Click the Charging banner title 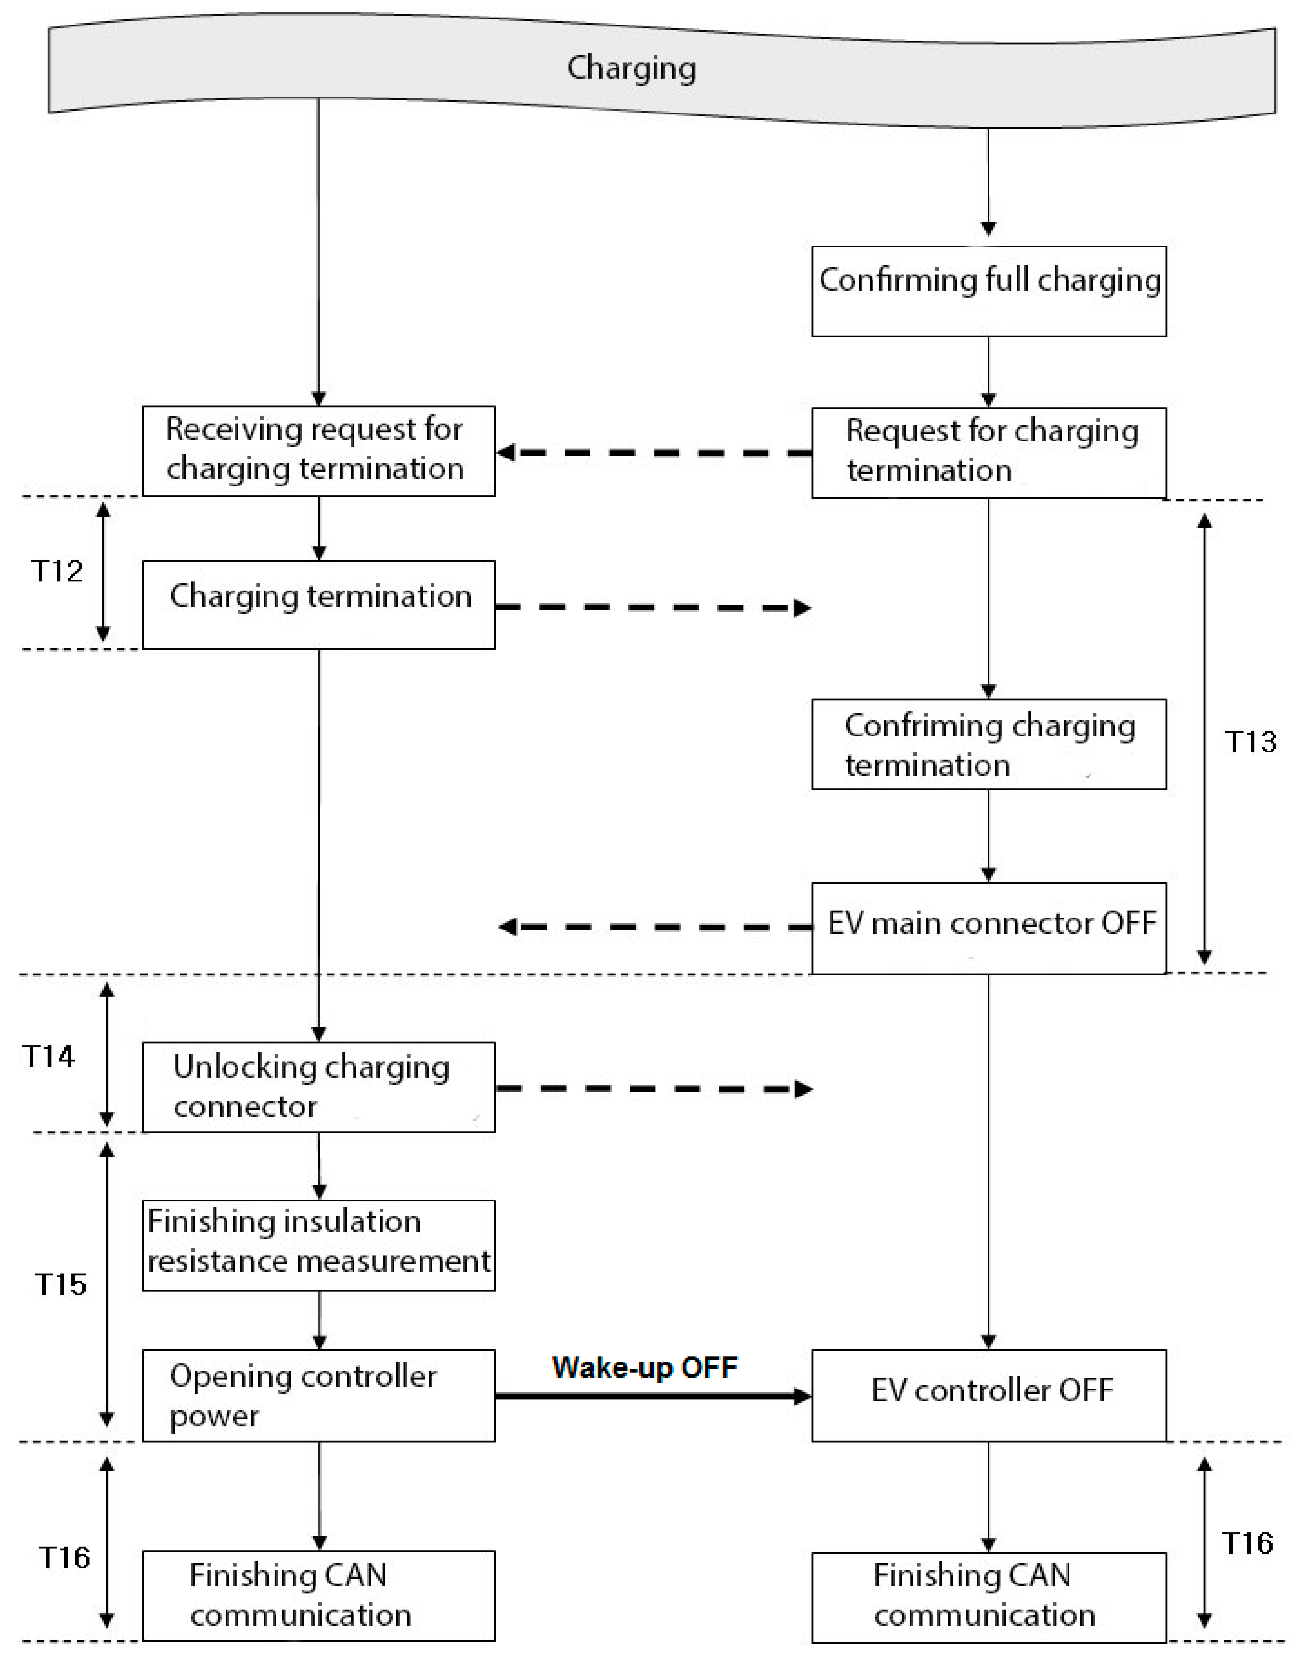pos(631,68)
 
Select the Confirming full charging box pos(989,291)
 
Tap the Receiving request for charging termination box pos(318,451)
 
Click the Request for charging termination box pos(989,452)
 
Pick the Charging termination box pos(318,605)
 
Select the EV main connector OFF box pos(989,928)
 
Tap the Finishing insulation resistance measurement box pos(318,1245)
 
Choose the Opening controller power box pos(318,1395)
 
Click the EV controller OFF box pos(989,1395)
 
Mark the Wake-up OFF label pos(644,1367)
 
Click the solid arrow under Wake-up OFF pos(652,1396)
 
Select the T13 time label pos(1250,741)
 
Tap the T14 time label pos(49,1057)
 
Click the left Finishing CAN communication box pos(318,1595)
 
